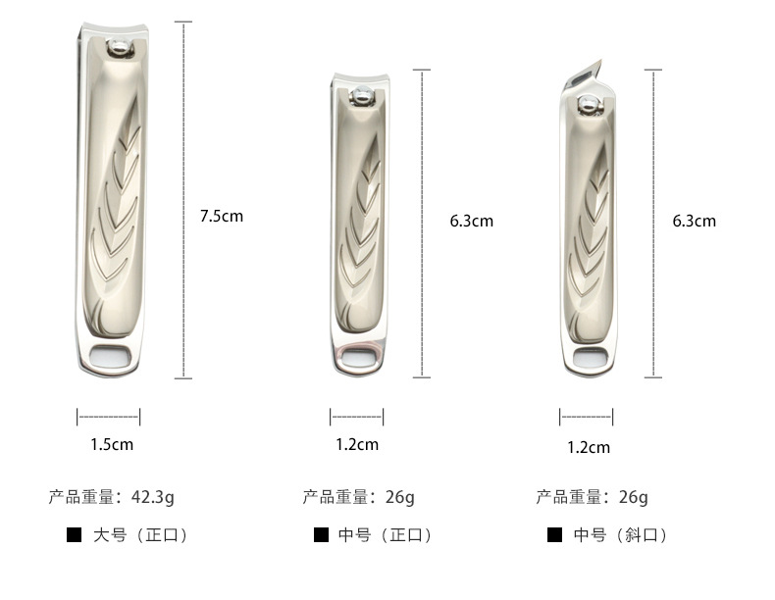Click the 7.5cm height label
(x=221, y=216)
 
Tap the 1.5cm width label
(x=111, y=444)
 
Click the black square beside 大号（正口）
(x=73, y=535)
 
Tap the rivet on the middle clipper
(x=360, y=95)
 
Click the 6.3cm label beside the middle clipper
(x=471, y=221)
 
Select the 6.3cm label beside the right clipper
(x=694, y=221)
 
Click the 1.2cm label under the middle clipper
(x=356, y=444)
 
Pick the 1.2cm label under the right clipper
(x=588, y=448)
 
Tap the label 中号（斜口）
(x=620, y=535)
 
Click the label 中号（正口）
(x=385, y=535)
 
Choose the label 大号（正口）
(x=139, y=535)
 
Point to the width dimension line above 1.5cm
(x=108, y=417)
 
